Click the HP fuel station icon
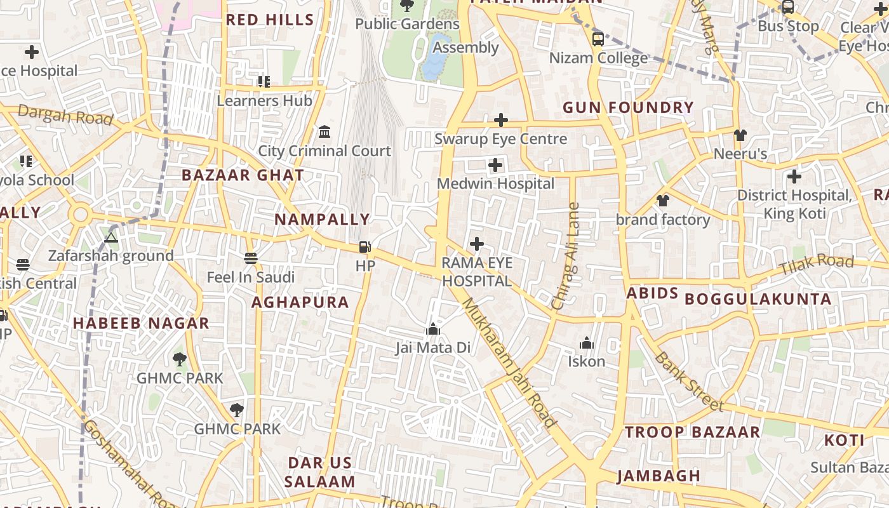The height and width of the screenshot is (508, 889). [x=365, y=247]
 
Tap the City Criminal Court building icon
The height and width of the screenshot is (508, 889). [x=324, y=131]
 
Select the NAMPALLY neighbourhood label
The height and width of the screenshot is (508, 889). [x=322, y=220]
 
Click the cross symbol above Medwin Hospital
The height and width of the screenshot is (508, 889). [x=495, y=166]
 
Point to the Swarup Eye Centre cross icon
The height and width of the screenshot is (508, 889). [x=500, y=119]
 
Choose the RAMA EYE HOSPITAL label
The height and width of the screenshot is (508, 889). [x=477, y=272]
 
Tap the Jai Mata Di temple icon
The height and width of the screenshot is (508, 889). [x=433, y=329]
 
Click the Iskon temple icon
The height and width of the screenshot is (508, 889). [x=586, y=344]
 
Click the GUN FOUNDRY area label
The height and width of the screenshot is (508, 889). [x=628, y=108]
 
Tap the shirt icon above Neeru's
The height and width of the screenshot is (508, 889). [x=740, y=135]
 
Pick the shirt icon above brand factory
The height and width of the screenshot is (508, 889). [x=663, y=201]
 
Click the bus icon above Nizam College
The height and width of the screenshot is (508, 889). [x=598, y=39]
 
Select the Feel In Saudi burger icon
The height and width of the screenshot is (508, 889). [x=251, y=258]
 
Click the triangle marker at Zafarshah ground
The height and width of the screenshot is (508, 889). [x=111, y=237]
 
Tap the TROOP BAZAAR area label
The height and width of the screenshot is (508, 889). [x=692, y=432]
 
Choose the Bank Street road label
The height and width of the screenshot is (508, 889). [x=688, y=381]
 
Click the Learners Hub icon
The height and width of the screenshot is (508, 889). [x=264, y=81]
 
